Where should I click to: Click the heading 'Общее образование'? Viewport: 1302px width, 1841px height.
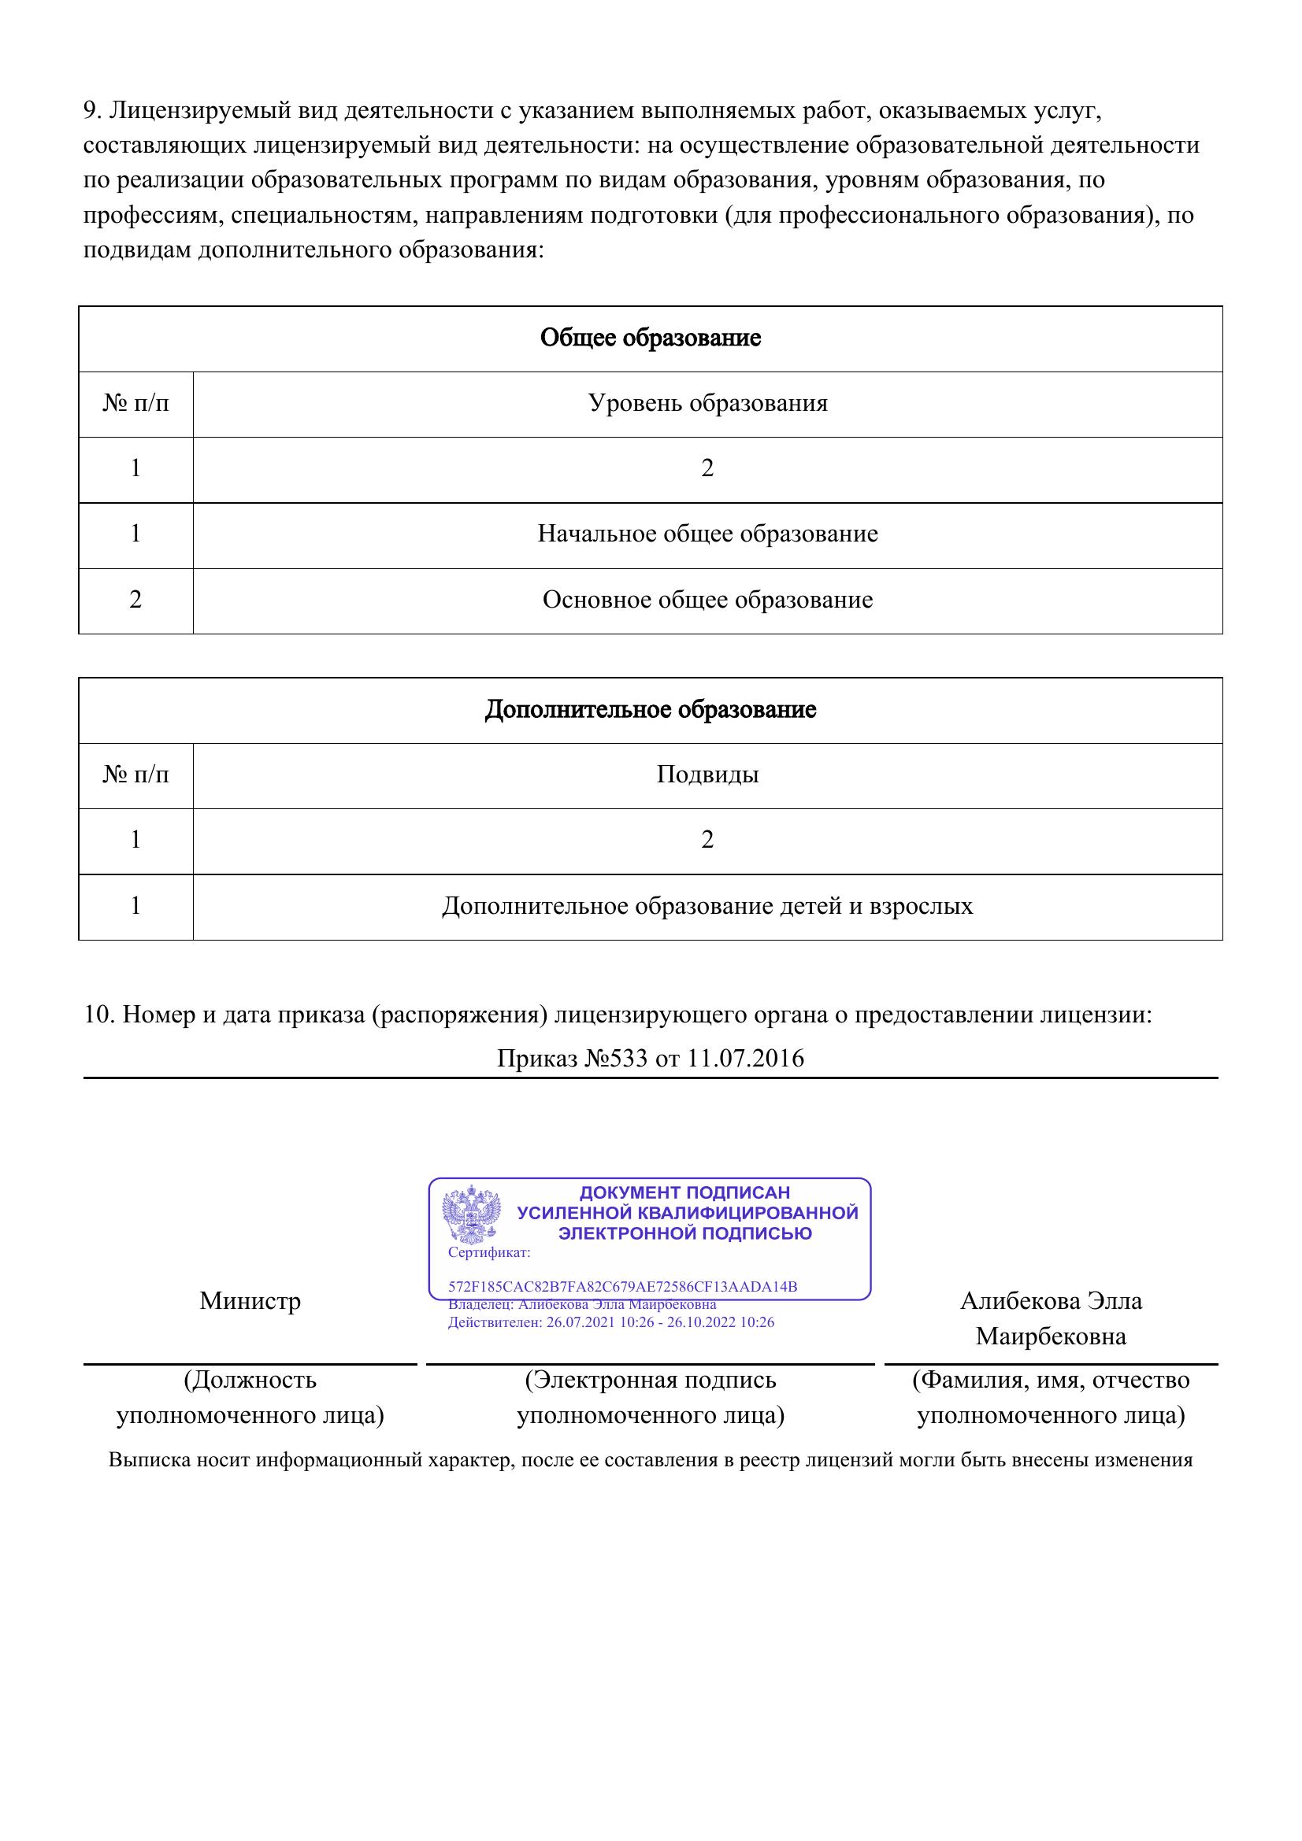[650, 338]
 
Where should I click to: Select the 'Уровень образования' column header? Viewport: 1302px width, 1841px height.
[707, 402]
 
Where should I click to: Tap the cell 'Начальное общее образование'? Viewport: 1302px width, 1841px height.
[707, 534]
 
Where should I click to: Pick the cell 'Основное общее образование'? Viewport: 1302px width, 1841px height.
[707, 600]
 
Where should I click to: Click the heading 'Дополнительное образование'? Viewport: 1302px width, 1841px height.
[650, 710]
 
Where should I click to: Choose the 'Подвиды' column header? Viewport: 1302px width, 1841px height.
[707, 774]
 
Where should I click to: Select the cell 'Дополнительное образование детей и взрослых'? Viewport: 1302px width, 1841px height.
[707, 906]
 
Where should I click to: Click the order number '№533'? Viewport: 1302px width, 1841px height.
[616, 1059]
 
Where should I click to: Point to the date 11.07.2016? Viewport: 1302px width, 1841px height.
[745, 1059]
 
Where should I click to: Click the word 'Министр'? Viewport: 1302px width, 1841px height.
[250, 1300]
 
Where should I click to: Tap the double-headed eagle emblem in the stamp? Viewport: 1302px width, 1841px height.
[471, 1214]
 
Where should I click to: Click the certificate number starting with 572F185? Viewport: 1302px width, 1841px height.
[622, 1287]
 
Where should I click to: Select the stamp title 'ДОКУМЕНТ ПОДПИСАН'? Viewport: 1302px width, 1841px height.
[684, 1192]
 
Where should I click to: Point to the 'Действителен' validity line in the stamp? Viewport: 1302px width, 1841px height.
[610, 1322]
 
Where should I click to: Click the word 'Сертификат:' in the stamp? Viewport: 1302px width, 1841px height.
[488, 1252]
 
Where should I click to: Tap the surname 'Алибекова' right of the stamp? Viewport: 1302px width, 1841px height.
[1018, 1300]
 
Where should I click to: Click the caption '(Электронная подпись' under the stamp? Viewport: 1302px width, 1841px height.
[650, 1380]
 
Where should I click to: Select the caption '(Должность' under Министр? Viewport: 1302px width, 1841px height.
[250, 1380]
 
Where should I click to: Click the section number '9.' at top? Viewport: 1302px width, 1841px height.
[92, 110]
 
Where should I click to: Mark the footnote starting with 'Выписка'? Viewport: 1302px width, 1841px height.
[650, 1459]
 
